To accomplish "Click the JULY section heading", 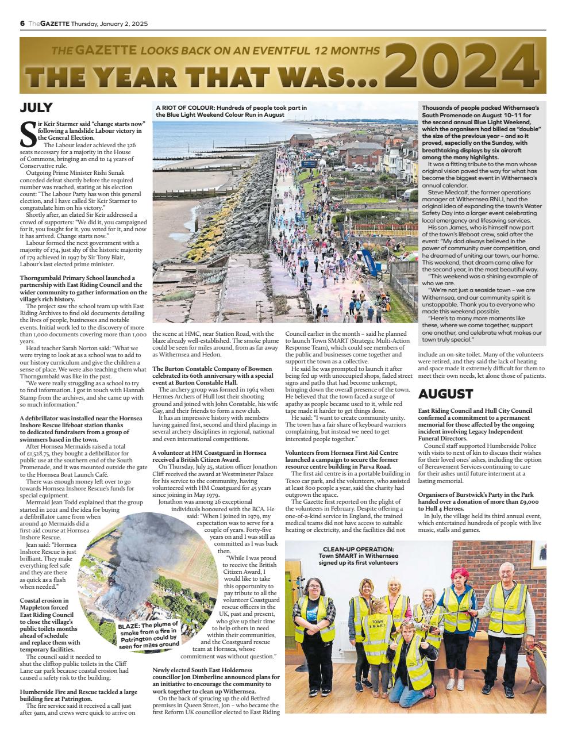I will (x=36, y=108).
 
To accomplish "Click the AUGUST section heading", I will (x=445, y=394).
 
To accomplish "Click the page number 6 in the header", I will (x=22, y=23).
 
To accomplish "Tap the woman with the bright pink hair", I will (x=460, y=609).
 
